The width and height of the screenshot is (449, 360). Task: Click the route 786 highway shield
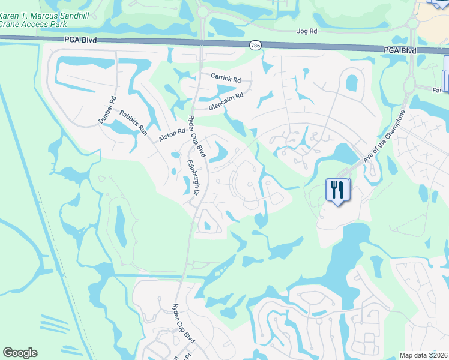point(255,45)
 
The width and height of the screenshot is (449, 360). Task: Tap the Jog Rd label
point(306,31)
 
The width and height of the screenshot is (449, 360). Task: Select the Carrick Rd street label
point(225,77)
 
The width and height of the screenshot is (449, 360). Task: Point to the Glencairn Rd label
point(226,100)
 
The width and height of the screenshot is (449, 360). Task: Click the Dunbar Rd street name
point(107,111)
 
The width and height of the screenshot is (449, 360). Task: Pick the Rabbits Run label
point(133,123)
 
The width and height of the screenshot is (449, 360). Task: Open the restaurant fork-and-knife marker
point(337,190)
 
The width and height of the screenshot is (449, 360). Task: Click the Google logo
point(20,353)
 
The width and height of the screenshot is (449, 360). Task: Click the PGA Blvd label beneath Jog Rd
point(400,50)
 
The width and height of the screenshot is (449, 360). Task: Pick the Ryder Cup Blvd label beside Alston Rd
point(197,136)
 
